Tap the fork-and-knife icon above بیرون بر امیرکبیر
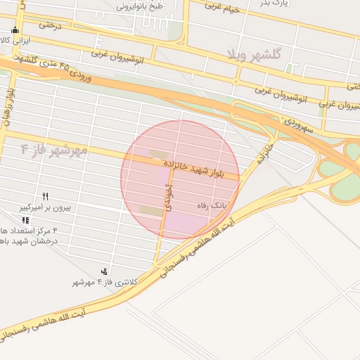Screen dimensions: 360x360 45,196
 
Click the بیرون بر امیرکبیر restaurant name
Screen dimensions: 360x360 44,208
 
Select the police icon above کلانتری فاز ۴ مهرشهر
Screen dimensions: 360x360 105,271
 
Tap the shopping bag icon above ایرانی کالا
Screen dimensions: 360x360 15,30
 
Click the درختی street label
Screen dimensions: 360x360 51,25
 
